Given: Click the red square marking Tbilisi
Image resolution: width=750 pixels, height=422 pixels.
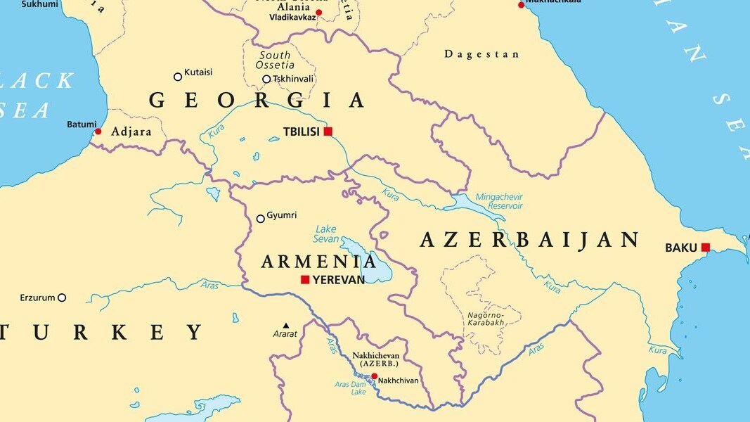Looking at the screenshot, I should tap(328, 132).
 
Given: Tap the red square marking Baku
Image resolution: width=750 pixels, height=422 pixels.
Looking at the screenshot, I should tap(705, 247).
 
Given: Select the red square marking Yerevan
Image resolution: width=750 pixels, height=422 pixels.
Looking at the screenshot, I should tap(305, 280).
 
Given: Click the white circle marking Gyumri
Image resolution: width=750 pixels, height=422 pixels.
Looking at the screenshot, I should tap(261, 219).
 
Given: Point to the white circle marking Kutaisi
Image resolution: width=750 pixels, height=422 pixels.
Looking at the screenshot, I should tap(178, 77).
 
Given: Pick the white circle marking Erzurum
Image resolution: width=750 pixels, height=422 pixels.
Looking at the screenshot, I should tap(62, 298).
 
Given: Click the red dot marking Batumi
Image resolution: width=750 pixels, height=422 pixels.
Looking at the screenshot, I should tap(98, 132).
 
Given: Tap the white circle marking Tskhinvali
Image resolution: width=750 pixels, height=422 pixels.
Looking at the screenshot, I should tap(266, 79).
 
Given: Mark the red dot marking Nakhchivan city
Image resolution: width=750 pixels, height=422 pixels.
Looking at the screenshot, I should tap(374, 376).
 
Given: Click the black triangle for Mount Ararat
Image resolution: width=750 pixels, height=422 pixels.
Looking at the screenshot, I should tap(285, 325).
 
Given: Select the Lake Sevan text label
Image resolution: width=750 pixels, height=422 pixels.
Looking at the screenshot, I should tap(326, 234).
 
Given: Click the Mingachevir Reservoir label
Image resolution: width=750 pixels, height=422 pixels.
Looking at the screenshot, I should tap(499, 201).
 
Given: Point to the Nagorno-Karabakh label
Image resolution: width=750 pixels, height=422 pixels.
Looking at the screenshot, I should tap(486, 319).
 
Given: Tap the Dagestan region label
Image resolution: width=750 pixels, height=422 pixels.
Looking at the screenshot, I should tap(482, 54).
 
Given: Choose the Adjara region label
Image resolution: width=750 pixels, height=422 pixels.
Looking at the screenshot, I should tap(131, 131).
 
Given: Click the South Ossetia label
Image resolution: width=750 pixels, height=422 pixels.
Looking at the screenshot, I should tap(275, 60).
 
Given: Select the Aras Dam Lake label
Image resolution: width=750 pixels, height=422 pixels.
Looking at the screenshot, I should tap(349, 388).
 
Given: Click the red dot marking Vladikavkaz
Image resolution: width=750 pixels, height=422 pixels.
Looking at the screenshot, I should tap(318, 13).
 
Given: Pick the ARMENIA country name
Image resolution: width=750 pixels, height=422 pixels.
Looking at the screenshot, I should tap(318, 262).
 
